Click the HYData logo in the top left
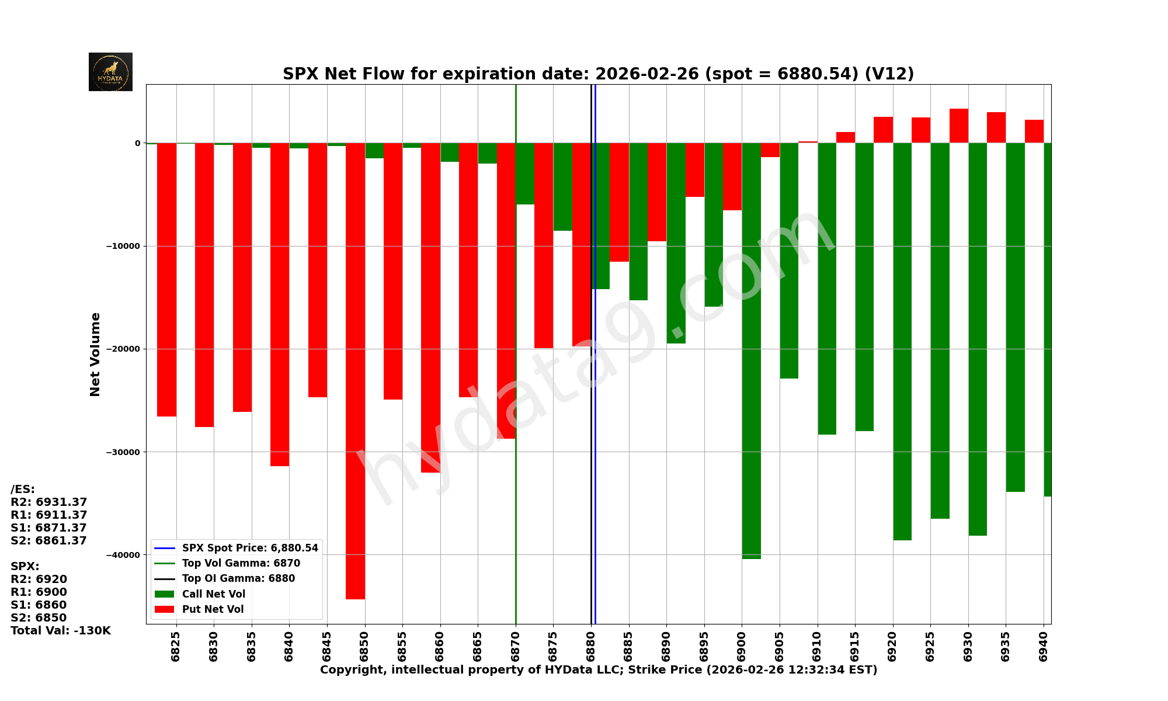pos(110,72)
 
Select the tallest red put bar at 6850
pos(355,371)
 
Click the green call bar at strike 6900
pos(751,350)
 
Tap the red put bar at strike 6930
pos(958,126)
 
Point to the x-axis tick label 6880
pos(591,646)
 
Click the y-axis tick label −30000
pos(123,452)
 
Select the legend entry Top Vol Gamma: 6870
pos(241,563)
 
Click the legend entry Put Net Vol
pos(213,609)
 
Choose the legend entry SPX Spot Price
pos(249,548)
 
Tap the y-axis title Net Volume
pos(95,354)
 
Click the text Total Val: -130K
pos(60,630)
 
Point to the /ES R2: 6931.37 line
pos(48,502)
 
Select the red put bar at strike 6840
pos(280,304)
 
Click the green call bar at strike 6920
pos(902,342)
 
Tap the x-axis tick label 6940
pos(1043,646)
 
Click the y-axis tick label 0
pos(137,143)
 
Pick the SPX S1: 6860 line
pos(39,605)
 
